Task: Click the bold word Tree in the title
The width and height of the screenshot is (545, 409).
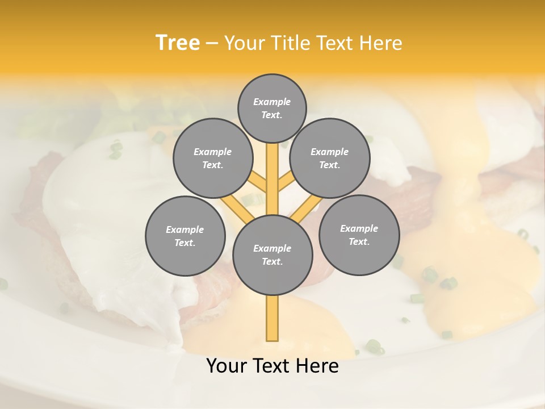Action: coord(178,43)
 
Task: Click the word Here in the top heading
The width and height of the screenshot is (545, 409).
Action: coord(380,43)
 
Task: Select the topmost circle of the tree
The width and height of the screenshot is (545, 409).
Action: coord(272,108)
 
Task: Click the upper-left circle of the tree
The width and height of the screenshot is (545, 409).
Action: coord(213,158)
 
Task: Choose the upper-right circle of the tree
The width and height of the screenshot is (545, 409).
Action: coord(330,158)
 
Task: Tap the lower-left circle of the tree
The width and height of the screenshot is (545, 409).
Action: coord(185,236)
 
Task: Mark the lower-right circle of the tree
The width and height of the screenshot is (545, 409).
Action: coord(359,235)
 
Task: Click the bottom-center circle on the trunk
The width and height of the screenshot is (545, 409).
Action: coord(272,255)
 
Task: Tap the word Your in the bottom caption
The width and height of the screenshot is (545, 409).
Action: coord(227,366)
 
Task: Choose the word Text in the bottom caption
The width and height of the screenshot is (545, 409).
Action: coord(271,366)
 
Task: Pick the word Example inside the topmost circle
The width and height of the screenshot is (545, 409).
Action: coord(272,102)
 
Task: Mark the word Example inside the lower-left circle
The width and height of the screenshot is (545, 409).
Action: coord(185,229)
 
